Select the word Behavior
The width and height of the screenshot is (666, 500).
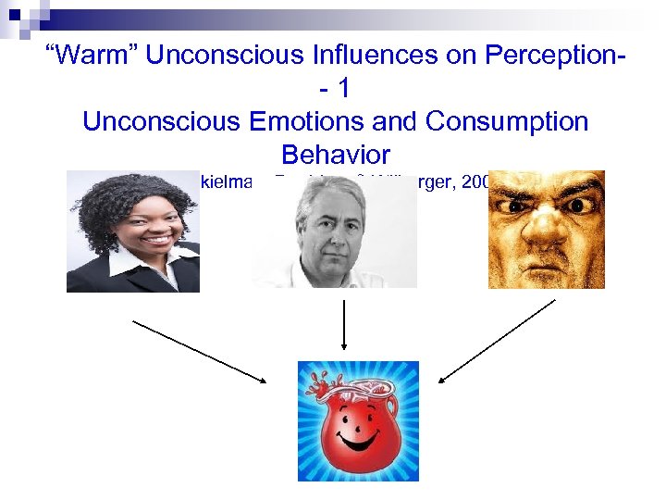tap(335, 154)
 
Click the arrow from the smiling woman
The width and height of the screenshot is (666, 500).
tap(199, 350)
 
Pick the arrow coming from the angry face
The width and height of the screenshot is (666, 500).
tap(496, 340)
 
